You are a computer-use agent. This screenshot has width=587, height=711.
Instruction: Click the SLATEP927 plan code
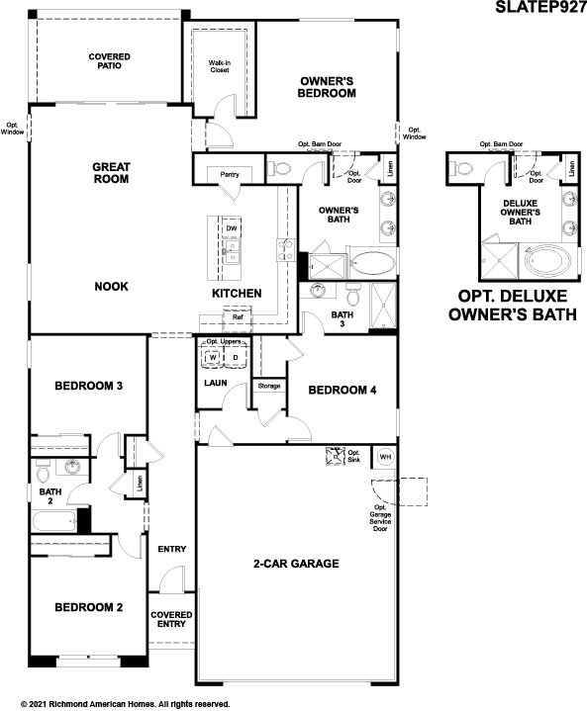tap(539, 8)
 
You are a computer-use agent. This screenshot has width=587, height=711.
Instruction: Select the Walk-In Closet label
tap(219, 66)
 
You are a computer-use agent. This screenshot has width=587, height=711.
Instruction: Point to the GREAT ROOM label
tap(112, 173)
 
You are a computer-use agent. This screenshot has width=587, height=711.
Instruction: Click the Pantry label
tap(230, 175)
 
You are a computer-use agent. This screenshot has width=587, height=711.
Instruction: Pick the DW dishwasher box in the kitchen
tap(231, 229)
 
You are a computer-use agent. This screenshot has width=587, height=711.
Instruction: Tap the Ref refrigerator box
tap(238, 318)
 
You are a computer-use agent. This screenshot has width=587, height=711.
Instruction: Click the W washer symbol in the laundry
tap(211, 357)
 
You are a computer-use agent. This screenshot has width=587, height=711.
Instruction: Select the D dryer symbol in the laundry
tap(236, 357)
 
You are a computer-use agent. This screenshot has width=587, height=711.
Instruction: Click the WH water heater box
tap(385, 457)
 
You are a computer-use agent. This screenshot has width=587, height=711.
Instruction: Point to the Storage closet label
tap(268, 386)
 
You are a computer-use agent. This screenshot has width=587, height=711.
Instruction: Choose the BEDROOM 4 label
tap(342, 390)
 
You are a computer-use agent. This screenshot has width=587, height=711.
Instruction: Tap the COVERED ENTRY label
tap(171, 619)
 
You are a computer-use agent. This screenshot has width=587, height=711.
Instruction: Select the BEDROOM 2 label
tap(88, 607)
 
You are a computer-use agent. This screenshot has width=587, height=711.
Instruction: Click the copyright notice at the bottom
tap(117, 704)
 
